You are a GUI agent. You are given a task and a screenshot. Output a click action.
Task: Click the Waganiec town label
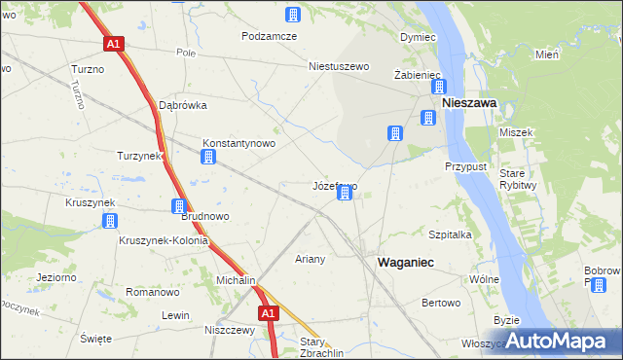pos(405,263)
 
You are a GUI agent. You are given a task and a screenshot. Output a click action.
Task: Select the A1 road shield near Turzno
pos(114,44)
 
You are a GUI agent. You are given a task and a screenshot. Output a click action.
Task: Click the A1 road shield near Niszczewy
pos(270,312)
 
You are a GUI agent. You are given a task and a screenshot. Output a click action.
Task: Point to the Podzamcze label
pos(270,36)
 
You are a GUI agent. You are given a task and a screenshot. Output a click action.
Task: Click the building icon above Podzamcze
pos(292,15)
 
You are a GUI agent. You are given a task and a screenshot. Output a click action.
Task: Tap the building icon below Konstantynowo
pos(208,158)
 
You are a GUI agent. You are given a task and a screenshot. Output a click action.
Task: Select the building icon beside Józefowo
pos(344,195)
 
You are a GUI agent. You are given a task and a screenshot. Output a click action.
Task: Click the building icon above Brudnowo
pos(179,206)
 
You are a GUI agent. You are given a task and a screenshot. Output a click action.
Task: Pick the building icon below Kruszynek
pos(110,221)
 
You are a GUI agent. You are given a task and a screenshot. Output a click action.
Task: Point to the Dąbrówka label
pos(184,105)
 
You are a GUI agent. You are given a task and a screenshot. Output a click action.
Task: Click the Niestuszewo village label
pos(340,67)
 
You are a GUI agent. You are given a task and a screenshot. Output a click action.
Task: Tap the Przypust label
pos(465,166)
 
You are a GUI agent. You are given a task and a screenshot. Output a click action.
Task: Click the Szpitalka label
pos(451,234)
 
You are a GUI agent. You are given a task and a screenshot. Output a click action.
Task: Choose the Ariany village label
pos(310,260)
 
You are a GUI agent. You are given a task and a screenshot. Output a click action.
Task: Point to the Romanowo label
pos(153,292)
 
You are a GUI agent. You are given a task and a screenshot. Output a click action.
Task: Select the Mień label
pos(546,54)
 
